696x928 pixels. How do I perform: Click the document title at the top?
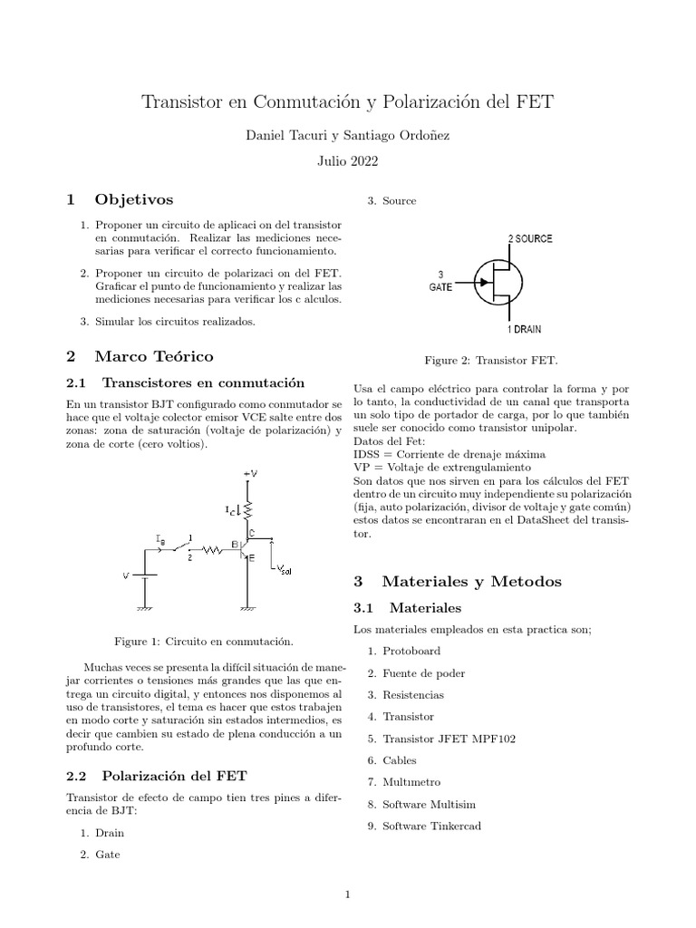(x=347, y=102)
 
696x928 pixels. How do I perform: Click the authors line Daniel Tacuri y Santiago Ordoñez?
(x=347, y=135)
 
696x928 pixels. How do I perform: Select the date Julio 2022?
(x=347, y=161)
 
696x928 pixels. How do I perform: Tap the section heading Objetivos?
(x=132, y=198)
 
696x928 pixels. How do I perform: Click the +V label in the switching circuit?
(x=251, y=472)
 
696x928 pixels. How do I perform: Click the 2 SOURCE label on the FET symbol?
(x=530, y=238)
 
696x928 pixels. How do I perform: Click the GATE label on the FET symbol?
(x=441, y=285)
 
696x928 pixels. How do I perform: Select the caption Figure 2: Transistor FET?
(x=491, y=360)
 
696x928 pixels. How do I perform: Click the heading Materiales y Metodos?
(x=471, y=581)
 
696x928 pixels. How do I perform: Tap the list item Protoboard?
(x=411, y=652)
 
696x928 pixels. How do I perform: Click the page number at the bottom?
(x=347, y=895)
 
